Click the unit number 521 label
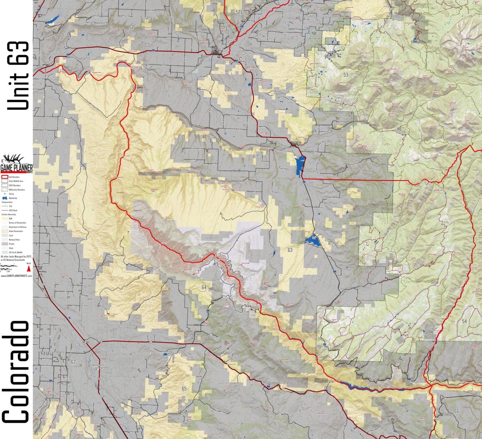click(x=239, y=13)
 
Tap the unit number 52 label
click(x=131, y=27)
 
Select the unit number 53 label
click(x=346, y=75)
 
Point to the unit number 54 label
click(x=464, y=321)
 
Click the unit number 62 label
click(x=73, y=362)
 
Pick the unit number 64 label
click(x=204, y=287)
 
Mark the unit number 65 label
click(x=184, y=388)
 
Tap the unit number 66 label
click(x=456, y=411)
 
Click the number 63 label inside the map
click(x=290, y=250)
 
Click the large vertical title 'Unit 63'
click(x=18, y=75)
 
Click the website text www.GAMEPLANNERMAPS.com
click(x=16, y=276)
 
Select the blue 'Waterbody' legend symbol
click(x=5, y=198)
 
